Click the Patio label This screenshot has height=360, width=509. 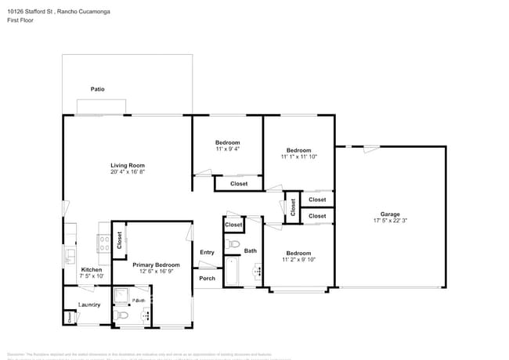coord(97,90)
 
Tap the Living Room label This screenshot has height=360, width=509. coord(127,165)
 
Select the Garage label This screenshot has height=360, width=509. coord(390,214)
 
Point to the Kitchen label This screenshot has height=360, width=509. coord(92,269)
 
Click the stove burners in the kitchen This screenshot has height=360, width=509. coord(103,242)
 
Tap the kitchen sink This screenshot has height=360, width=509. coord(70,254)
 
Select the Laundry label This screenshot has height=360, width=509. coord(88,305)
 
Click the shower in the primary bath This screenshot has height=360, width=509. coord(123,296)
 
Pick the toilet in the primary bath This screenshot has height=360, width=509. coord(119,315)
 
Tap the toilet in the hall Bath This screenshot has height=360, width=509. coord(231,246)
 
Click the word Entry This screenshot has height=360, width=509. coord(207,252)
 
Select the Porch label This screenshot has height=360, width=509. coord(207,278)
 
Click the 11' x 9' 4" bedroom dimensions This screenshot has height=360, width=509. coord(227,149)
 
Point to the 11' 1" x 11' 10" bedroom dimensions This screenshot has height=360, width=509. coord(298,157)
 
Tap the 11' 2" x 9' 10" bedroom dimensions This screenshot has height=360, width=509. coord(298,260)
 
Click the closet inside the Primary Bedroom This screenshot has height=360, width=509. coord(119,241)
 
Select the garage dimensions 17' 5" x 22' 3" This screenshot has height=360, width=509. coord(390,221)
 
